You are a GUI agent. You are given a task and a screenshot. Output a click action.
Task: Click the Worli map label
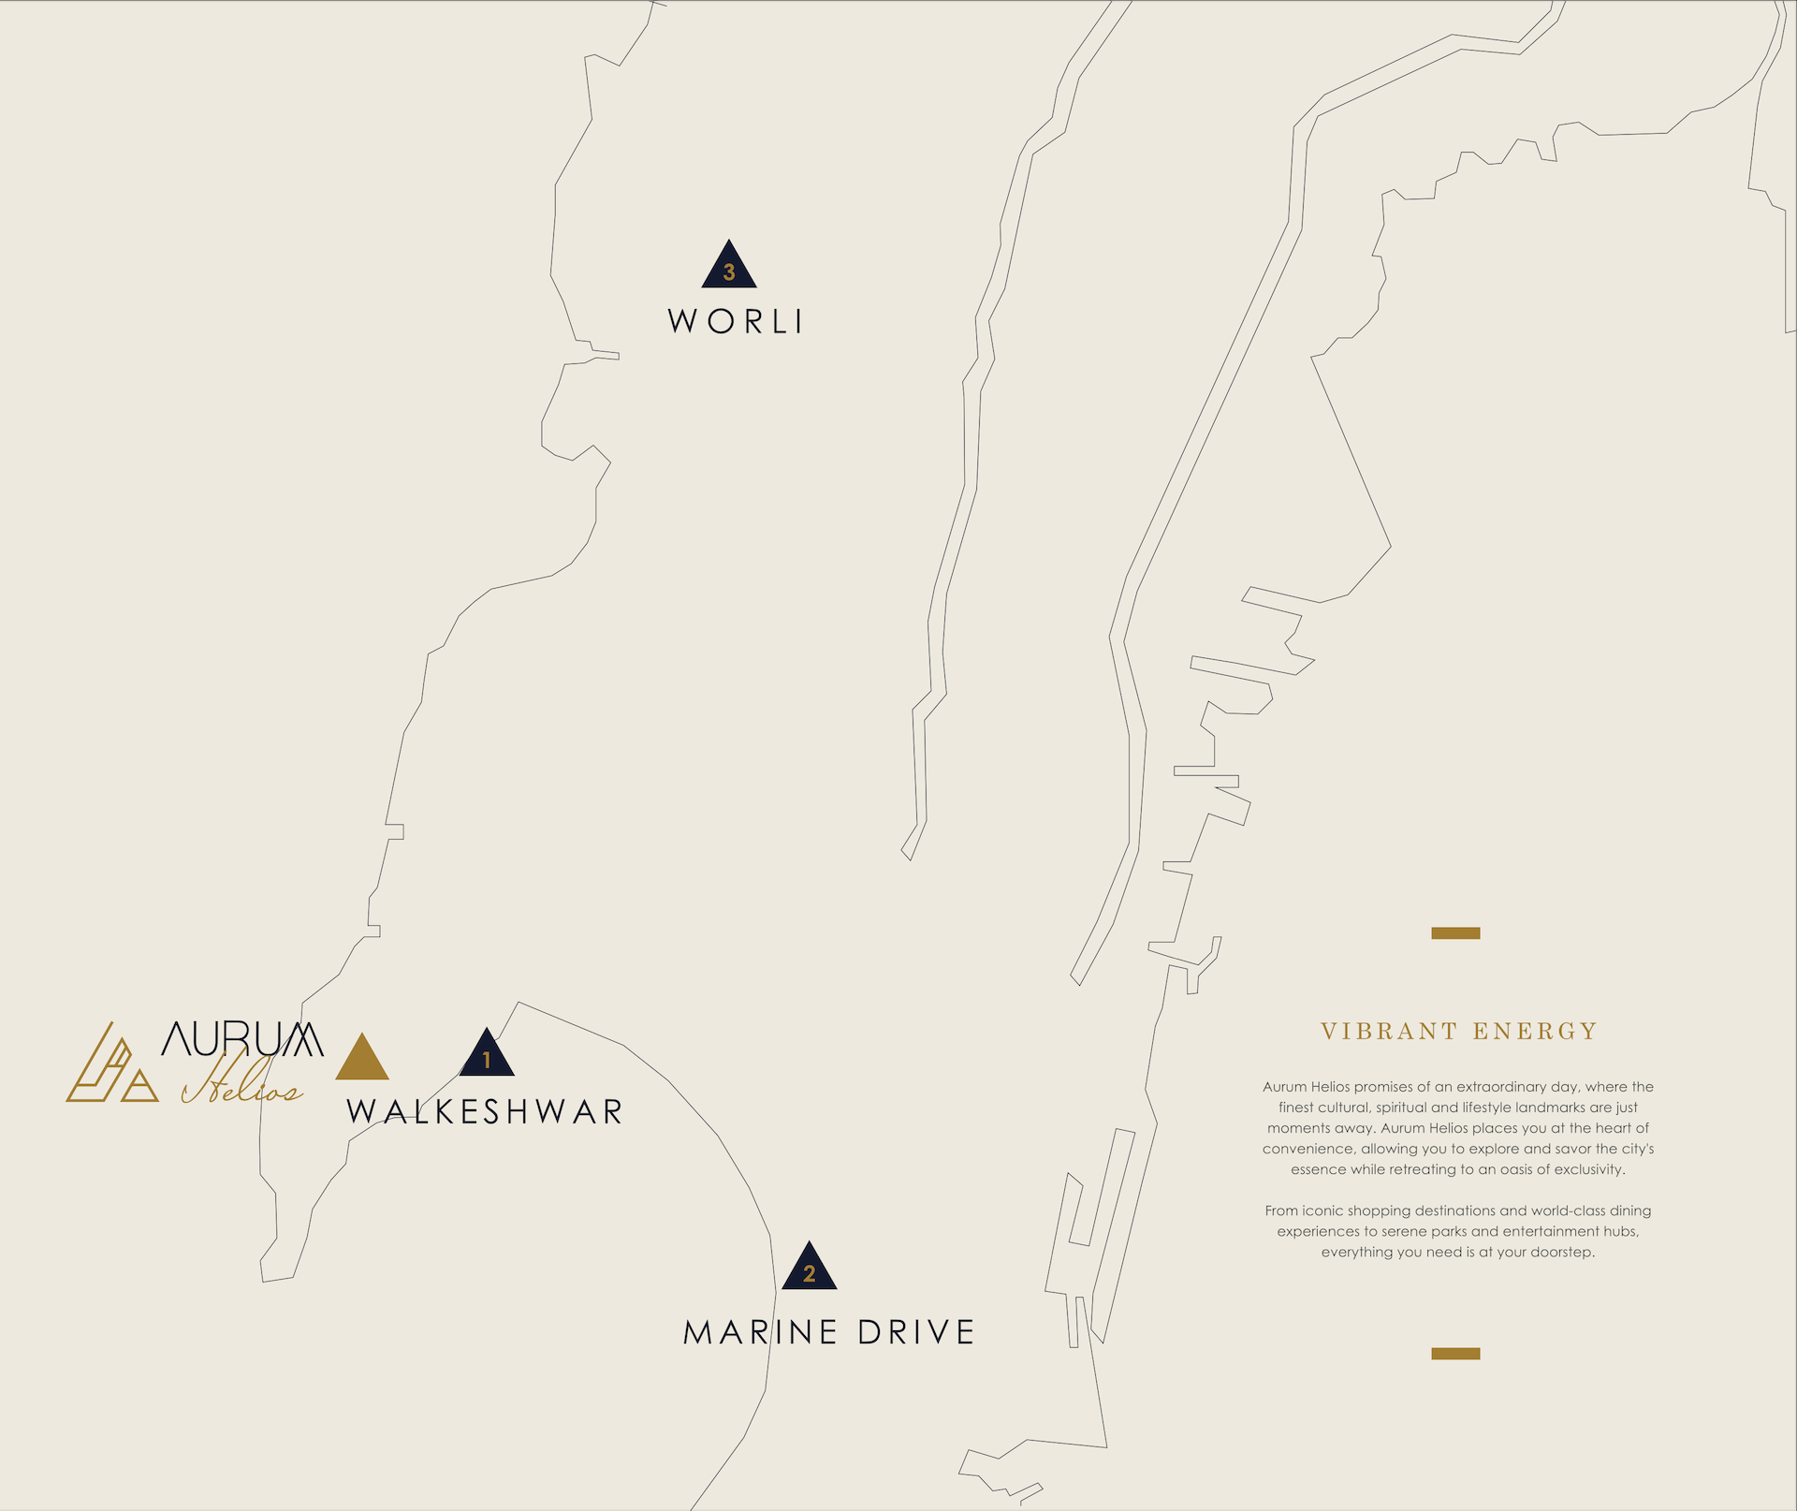(735, 321)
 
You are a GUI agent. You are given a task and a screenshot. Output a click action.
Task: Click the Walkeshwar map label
(484, 1111)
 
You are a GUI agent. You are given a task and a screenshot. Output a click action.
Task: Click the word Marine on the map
(760, 1332)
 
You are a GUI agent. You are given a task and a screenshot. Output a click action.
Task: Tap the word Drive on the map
(916, 1332)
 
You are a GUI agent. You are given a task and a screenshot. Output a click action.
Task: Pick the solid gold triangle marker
(362, 1060)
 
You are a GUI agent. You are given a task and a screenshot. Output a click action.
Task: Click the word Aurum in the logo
(242, 1038)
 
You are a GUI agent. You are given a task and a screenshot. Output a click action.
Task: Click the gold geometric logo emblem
(111, 1067)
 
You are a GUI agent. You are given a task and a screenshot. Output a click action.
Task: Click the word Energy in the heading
(1535, 1032)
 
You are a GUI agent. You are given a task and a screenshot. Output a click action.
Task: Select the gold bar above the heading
(1455, 933)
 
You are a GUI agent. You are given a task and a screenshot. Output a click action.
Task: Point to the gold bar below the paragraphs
(1455, 1354)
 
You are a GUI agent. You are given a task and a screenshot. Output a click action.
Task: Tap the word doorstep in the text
(1561, 1253)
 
